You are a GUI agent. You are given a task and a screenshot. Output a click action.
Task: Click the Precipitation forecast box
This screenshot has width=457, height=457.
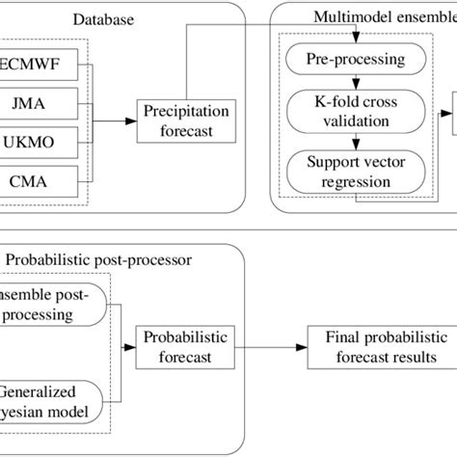[x=177, y=121]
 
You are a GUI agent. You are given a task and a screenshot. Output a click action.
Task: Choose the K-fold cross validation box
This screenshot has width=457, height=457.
[x=357, y=113]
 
